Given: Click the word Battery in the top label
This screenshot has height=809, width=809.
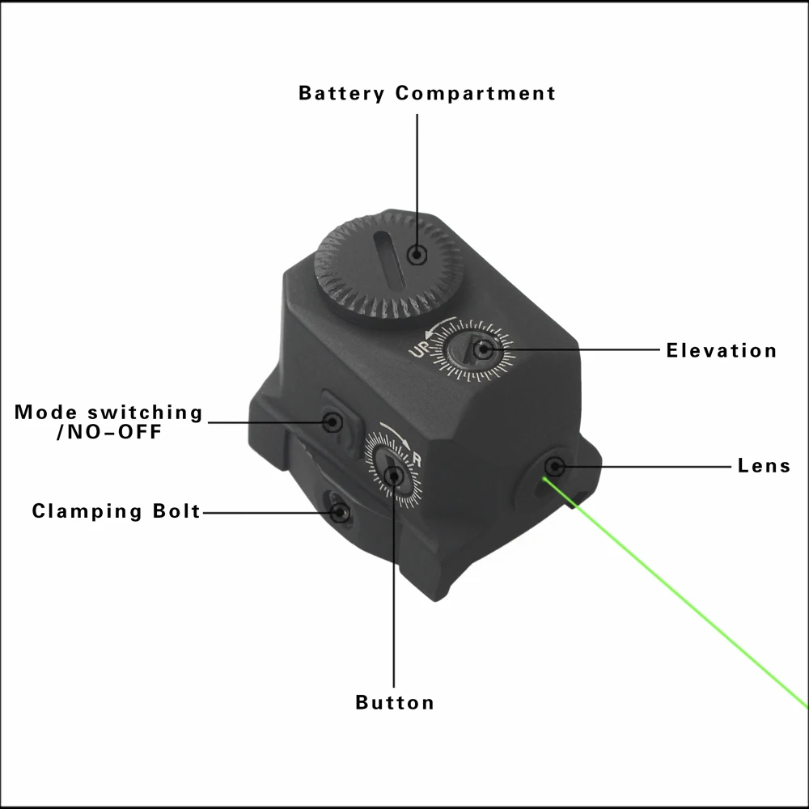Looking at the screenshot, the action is (341, 93).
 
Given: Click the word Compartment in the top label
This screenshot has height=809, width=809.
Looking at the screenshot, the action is (476, 93).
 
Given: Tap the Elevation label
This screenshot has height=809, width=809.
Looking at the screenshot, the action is (722, 350).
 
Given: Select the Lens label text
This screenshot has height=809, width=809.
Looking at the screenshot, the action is (764, 465).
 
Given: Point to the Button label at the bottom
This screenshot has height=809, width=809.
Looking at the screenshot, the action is (395, 702).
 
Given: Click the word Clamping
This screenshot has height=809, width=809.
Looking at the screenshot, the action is (87, 511).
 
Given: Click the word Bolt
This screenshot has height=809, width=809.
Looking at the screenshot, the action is (176, 510).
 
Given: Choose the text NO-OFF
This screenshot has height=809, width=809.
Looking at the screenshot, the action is (115, 431).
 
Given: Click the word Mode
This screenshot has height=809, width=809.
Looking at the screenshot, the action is (45, 412).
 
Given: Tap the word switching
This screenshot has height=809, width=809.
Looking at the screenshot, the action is (145, 413).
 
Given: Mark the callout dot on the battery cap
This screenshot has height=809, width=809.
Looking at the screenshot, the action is (417, 254).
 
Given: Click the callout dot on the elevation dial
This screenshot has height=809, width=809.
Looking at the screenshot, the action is (483, 349).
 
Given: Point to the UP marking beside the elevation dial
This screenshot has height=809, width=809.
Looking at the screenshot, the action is (420, 348).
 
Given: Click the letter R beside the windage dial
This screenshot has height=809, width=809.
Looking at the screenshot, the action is (417, 460).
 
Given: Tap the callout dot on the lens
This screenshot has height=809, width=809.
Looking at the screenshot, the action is (555, 467).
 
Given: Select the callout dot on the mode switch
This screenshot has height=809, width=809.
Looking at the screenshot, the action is (332, 422).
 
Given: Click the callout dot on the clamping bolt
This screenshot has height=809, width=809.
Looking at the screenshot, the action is (340, 513).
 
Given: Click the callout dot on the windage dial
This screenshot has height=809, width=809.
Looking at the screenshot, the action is (394, 476).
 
